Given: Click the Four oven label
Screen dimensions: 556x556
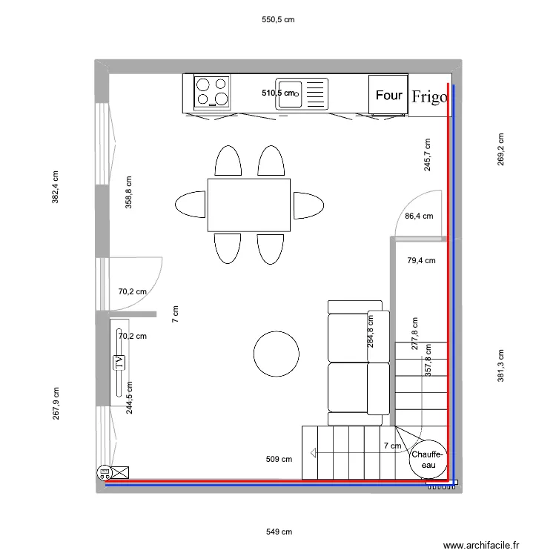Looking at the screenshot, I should (388, 95).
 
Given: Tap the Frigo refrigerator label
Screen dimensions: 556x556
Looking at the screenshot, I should (430, 96).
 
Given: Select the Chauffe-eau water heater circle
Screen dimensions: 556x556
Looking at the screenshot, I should (428, 460).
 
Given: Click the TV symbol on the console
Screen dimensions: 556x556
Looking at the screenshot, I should (118, 363).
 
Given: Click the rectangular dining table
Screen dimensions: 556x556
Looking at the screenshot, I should (248, 205).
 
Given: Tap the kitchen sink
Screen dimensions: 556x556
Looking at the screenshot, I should (301, 93).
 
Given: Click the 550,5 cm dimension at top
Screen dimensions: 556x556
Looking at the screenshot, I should (279, 20).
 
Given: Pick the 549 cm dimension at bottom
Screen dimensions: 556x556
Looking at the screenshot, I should (279, 532).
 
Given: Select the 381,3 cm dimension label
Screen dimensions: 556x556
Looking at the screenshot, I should (500, 366).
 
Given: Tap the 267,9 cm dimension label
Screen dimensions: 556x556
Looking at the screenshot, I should (56, 403).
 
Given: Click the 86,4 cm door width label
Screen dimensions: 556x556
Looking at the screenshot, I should (418, 216).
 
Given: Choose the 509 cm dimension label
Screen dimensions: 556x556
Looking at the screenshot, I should (279, 459).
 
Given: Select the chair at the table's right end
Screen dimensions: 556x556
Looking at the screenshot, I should (308, 205).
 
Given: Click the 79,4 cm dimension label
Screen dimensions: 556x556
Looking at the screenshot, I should (421, 260).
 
